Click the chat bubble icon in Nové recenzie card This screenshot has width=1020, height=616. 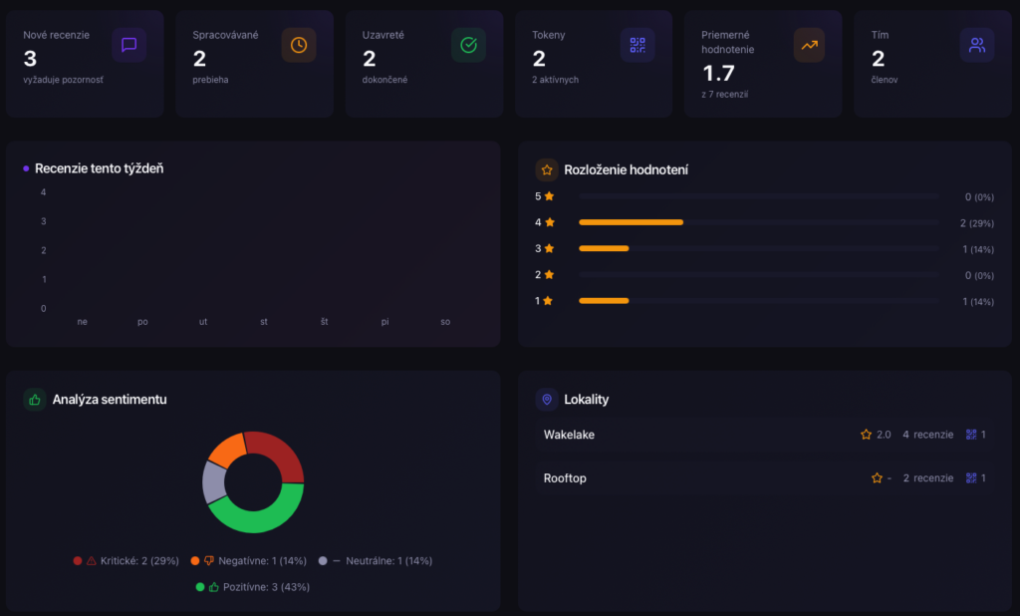point(128,45)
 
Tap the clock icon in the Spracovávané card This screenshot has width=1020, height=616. point(299,45)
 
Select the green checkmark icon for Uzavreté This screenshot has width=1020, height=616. point(468,45)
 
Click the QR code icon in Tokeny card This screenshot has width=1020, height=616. point(637,45)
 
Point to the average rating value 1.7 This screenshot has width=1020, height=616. point(718,73)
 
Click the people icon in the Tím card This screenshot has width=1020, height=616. point(977,45)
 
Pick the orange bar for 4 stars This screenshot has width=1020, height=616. point(631,222)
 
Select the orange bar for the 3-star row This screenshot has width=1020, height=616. point(604,248)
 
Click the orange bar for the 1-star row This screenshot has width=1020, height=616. point(604,300)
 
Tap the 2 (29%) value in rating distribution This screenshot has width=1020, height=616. point(977,223)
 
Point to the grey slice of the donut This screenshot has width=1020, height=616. point(213,482)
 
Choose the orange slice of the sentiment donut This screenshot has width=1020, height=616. point(227,450)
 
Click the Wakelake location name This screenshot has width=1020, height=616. point(569,435)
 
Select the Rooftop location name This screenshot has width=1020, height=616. point(565,478)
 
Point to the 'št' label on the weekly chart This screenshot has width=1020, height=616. point(324,322)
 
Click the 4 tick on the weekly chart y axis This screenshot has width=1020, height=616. point(44,192)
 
